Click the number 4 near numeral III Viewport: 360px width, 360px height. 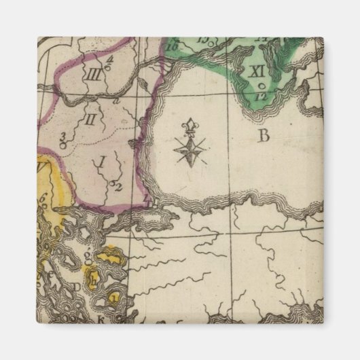(x=108, y=58)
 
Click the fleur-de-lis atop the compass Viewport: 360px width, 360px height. (x=187, y=126)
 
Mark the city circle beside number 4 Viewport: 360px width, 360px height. (x=111, y=66)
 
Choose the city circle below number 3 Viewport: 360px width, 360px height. (x=62, y=145)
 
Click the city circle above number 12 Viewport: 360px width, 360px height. (x=262, y=86)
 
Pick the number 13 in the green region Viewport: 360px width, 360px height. (x=202, y=37)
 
